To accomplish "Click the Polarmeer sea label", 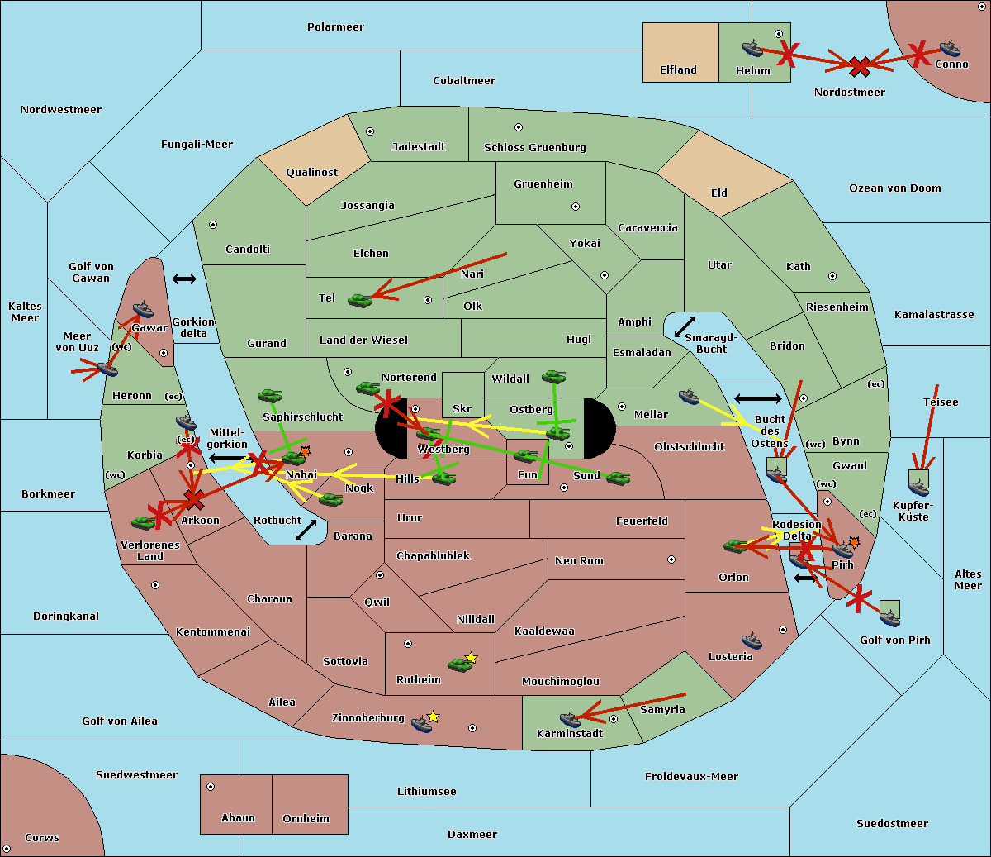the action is click(335, 27).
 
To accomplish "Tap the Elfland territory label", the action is click(678, 70).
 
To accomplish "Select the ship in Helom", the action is click(752, 48).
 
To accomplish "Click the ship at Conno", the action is click(950, 48).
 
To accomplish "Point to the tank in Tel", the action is click(359, 300).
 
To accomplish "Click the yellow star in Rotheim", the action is click(471, 658).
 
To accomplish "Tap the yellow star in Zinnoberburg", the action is click(433, 717).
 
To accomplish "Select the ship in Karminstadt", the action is click(570, 720).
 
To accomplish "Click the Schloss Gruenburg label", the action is click(534, 148).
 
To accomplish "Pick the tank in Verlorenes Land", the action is click(144, 522).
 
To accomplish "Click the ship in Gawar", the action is click(144, 310).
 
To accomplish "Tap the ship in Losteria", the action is click(752, 640).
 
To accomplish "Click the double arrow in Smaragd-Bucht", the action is click(685, 327).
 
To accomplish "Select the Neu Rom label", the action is click(579, 561).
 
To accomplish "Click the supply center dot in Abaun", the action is click(211, 787).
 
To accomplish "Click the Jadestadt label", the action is click(418, 147).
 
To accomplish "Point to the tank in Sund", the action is click(618, 478).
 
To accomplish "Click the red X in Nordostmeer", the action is click(860, 66).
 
